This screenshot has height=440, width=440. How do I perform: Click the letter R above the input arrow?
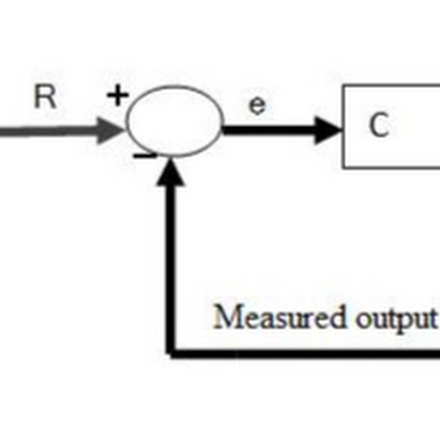point(45,98)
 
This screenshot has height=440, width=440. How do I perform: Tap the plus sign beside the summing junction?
point(117,97)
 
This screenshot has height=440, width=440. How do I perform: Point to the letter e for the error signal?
point(257,106)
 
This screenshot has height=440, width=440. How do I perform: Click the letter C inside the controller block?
point(379,126)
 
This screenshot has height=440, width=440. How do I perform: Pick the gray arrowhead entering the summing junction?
point(110,130)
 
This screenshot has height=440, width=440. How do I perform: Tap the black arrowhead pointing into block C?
point(328,130)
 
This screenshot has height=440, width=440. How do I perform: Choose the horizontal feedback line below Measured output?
point(303,353)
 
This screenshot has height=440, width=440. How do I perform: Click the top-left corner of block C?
point(343,86)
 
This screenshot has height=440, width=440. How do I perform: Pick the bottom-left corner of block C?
point(343,168)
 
